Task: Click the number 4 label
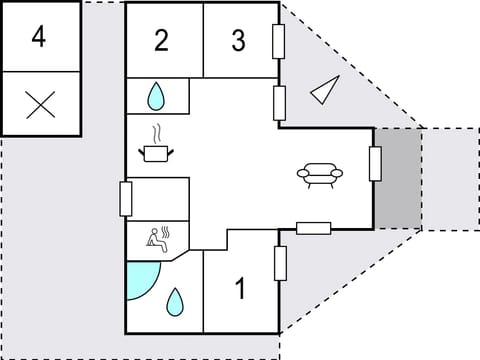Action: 39,37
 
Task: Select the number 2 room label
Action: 162,41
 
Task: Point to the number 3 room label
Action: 238,41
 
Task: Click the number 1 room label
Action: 240,289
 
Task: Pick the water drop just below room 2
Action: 157,97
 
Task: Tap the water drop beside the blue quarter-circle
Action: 176,300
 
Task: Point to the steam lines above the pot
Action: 156,132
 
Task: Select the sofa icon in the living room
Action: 320,175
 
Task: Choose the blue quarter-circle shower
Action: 141,280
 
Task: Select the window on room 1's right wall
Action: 281,263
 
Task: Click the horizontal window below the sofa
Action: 314,228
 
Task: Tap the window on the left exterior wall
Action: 126,198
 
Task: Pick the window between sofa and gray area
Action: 375,164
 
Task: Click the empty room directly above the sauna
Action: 158,199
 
